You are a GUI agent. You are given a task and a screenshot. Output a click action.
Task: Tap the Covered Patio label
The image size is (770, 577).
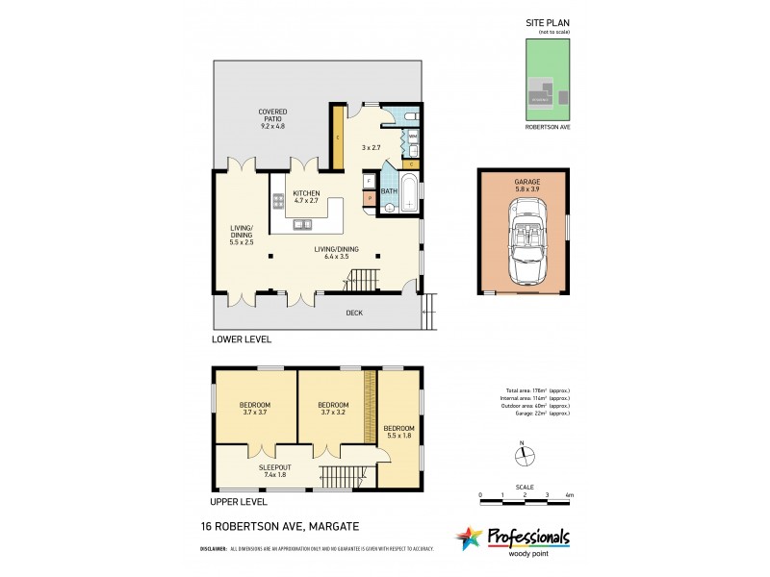click(x=272, y=119)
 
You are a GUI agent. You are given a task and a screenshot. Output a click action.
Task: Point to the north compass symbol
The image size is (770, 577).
click(x=521, y=454)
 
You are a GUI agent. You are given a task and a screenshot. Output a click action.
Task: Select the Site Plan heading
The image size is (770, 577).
click(x=547, y=25)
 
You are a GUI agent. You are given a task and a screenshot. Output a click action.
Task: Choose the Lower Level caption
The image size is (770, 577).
click(x=243, y=339)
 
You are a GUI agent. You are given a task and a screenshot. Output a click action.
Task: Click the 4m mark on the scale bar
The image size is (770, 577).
click(x=570, y=494)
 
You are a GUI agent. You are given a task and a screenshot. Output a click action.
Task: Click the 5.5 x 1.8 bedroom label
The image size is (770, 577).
click(x=399, y=432)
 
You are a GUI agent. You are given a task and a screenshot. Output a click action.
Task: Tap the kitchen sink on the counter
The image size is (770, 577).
click(x=303, y=224)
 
